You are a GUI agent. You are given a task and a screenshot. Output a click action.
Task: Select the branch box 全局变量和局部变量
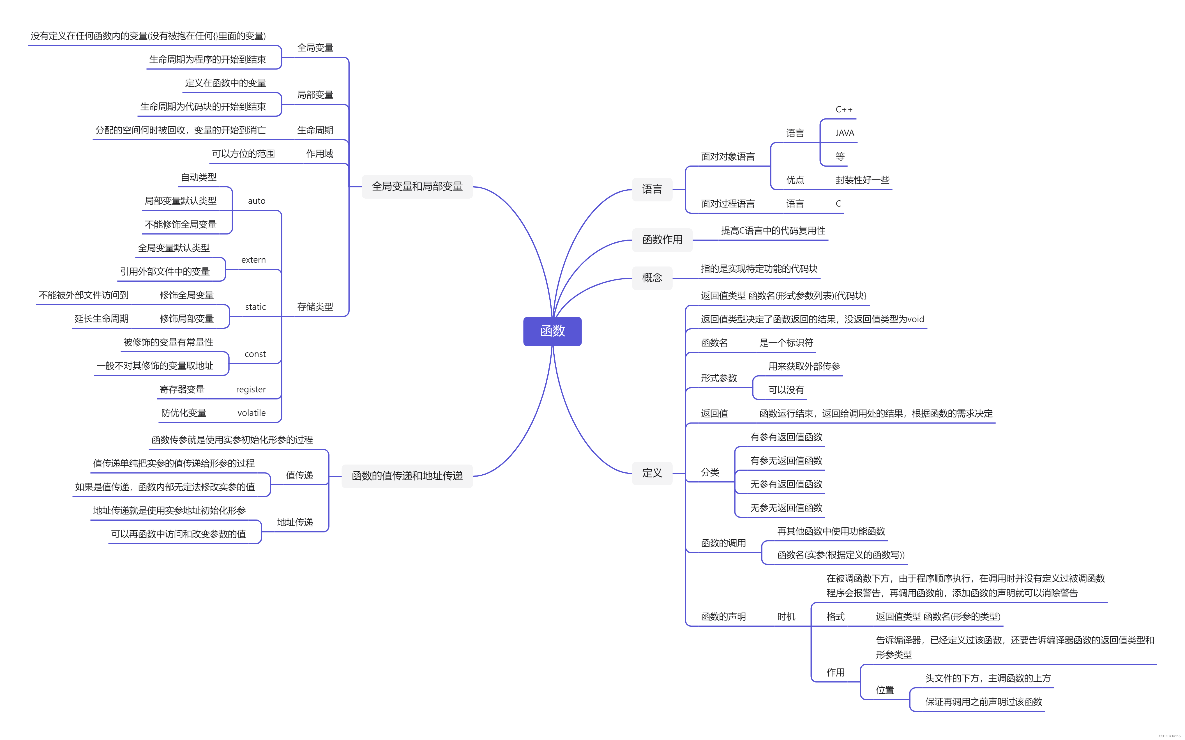417,187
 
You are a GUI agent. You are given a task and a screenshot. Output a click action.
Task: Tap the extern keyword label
253,260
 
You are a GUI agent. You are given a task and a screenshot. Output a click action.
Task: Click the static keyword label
255,307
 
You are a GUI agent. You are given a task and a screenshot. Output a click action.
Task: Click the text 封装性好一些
862,180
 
